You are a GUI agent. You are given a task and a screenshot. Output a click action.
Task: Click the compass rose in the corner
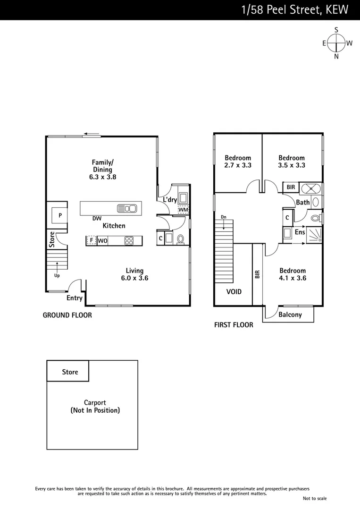(x=336, y=43)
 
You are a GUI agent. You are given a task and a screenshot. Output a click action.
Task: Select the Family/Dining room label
(x=102, y=170)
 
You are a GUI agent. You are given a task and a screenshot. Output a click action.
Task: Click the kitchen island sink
(x=127, y=208)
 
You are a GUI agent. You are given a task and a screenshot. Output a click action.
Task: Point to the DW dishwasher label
(x=97, y=218)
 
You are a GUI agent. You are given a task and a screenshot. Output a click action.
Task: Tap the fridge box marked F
(x=91, y=241)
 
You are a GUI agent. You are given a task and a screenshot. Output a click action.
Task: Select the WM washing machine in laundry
(x=183, y=210)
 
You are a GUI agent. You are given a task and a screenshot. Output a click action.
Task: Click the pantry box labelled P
(x=60, y=215)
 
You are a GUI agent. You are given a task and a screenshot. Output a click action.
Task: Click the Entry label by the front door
(x=75, y=298)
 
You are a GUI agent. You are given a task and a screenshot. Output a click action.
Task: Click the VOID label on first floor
(x=234, y=292)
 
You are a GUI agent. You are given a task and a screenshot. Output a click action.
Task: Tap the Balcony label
(x=290, y=315)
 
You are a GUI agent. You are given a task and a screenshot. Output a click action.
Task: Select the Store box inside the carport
(x=70, y=372)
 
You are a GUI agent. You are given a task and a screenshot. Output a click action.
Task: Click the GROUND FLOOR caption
(x=67, y=315)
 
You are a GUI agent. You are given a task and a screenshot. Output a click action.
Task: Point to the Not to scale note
(x=315, y=498)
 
